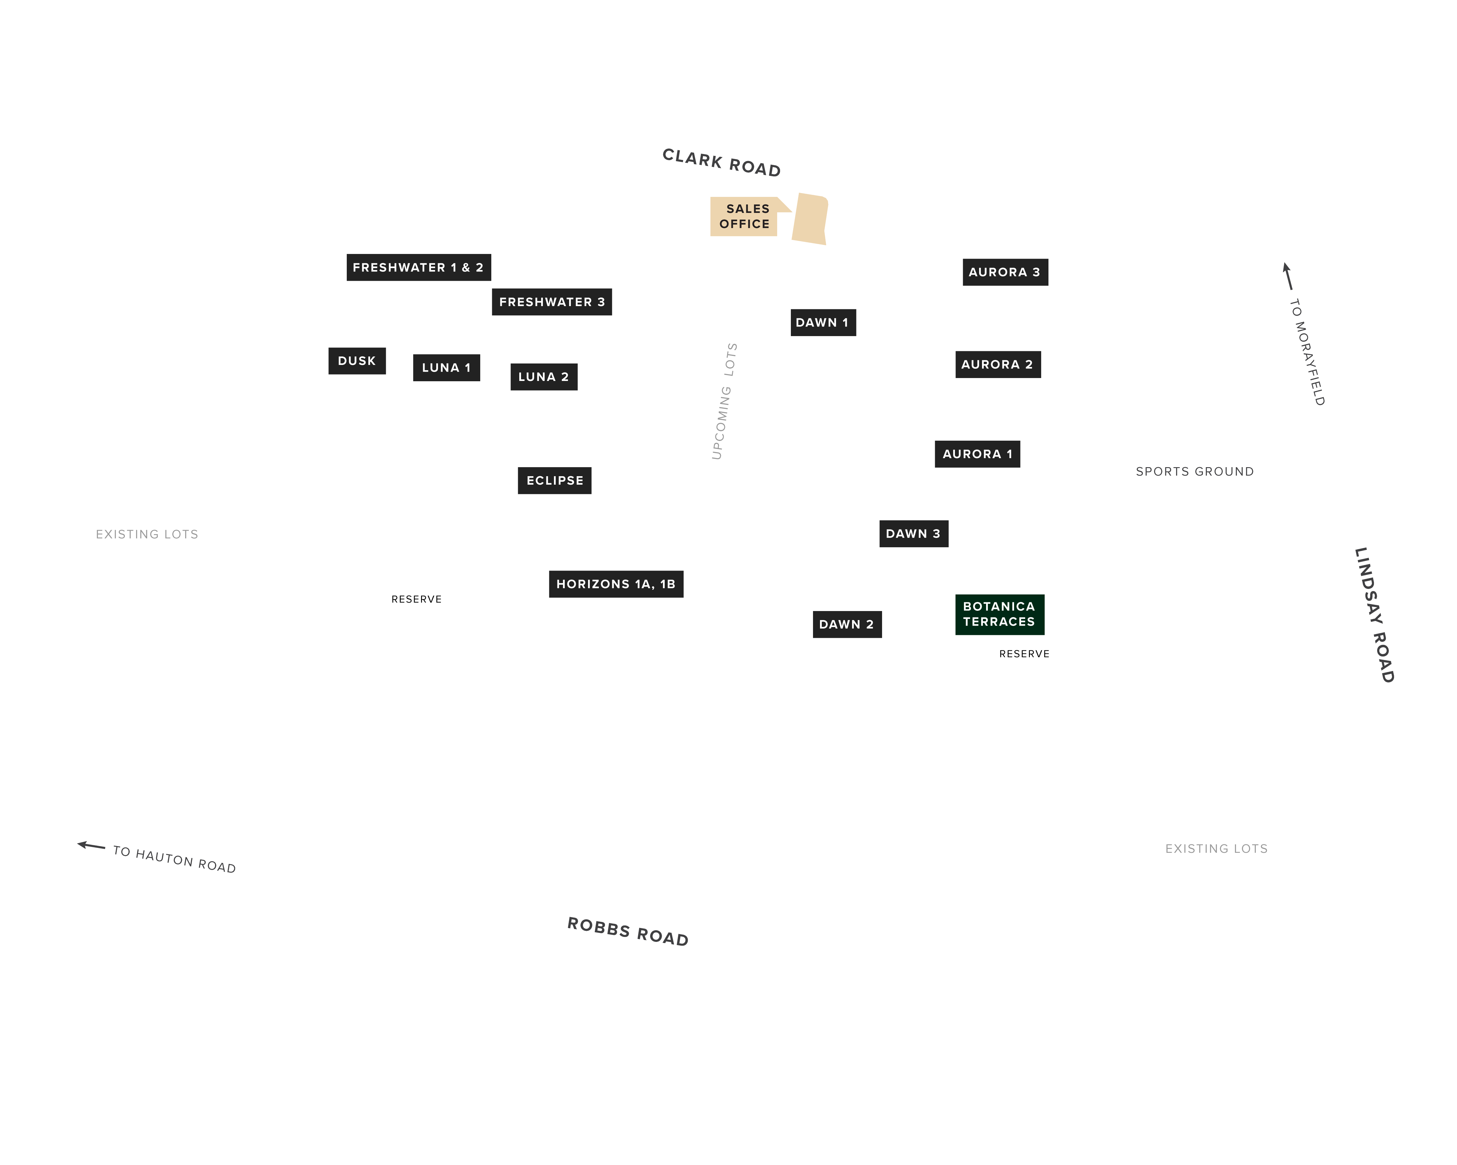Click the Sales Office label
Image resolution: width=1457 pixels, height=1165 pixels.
tap(744, 216)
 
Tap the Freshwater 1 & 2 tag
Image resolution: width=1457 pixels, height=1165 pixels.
tap(418, 267)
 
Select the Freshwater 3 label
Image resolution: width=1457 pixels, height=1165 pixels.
tap(551, 302)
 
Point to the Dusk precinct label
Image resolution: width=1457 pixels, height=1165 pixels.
tap(357, 361)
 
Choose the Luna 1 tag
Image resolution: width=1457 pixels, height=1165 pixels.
tap(446, 367)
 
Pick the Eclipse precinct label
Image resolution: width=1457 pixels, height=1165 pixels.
tap(554, 480)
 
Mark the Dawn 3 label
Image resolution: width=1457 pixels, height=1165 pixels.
tap(914, 534)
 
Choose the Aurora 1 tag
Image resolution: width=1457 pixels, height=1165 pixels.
tap(977, 454)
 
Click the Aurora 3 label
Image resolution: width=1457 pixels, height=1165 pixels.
tap(1005, 272)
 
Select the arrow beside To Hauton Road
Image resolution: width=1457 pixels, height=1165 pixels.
tap(91, 845)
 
